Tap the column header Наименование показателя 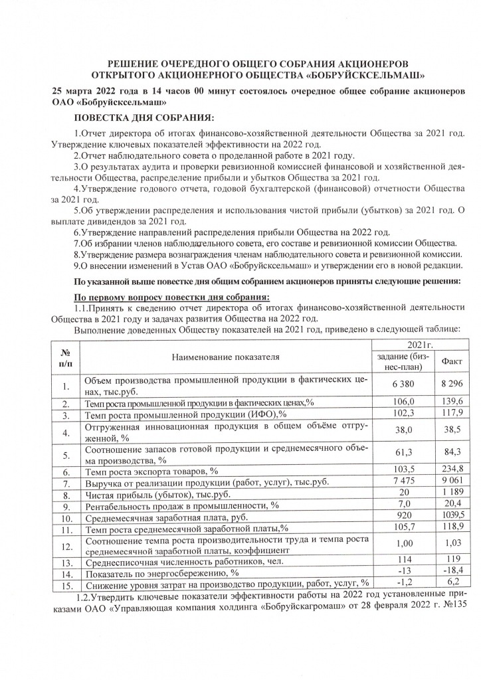[226, 357]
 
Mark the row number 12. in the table [65, 547]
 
